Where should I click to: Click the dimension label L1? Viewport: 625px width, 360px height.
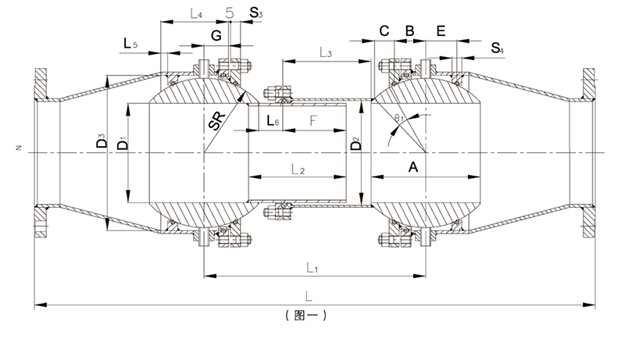pos(312,268)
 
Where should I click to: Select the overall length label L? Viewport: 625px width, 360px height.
pos(309,296)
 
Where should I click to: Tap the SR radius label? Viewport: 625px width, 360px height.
pos(217,121)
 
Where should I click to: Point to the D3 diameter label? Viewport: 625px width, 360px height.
pos(102,141)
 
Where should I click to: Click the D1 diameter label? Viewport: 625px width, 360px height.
pos(123,143)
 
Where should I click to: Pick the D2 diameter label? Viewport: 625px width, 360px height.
pos(355,144)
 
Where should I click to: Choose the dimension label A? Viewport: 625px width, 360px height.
pos(413,167)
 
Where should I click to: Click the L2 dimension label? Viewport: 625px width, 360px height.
pos(298,170)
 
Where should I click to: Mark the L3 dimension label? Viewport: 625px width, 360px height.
pos(326,52)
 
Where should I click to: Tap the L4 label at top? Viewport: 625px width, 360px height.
pos(196,15)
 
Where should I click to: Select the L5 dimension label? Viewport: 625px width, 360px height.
pos(130,43)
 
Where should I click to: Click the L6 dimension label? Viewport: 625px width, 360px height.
pos(273,120)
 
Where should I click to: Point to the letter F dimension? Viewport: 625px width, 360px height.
pos(313,120)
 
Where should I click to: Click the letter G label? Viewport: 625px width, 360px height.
pos(216,35)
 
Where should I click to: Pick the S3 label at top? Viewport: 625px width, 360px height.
pos(256,13)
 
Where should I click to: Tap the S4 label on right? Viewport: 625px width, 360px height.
pos(497,48)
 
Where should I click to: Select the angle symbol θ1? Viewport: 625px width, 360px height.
pos(399,118)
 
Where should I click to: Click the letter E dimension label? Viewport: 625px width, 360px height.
pos(441,30)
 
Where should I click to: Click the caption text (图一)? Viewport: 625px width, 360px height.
pos(306,315)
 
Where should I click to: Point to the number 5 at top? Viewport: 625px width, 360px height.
pos(230,12)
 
